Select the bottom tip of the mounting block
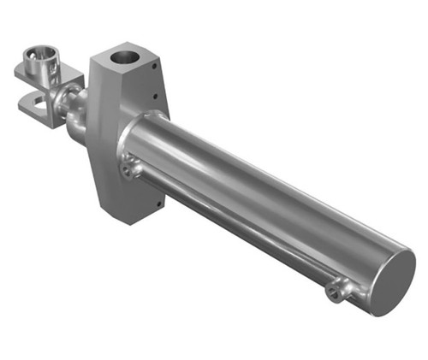click(x=128, y=220)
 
